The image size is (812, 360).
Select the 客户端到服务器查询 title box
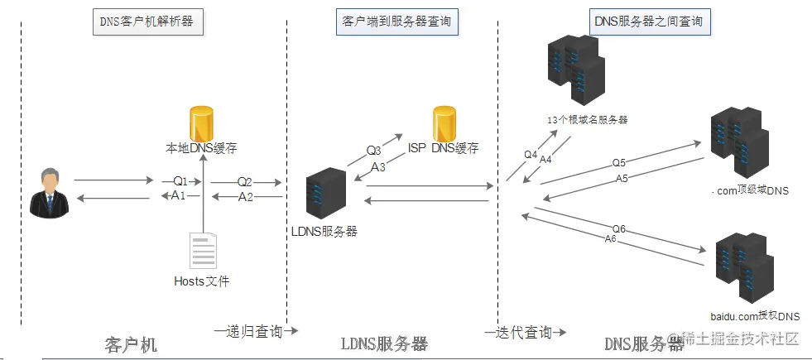397,22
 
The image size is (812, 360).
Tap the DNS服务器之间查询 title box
650,22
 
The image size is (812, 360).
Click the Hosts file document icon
203,251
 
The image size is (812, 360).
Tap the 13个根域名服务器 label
587,120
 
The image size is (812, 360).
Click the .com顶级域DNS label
750,191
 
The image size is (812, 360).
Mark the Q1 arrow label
180,181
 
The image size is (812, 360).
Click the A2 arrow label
246,197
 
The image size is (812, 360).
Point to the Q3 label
374,151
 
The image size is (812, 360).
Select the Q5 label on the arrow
619,163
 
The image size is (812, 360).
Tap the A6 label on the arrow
611,238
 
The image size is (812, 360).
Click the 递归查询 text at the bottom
255,331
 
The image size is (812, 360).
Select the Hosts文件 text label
201,281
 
